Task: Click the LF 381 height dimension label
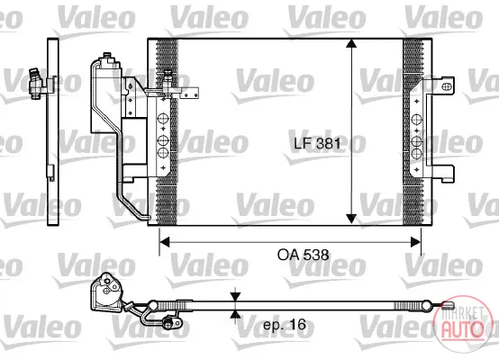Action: coord(317,143)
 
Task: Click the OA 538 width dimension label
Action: coord(303,255)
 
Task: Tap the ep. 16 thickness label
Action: coord(285,325)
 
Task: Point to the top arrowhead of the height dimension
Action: coord(351,43)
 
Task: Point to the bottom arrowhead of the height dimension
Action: coord(351,219)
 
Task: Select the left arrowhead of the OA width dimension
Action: coord(164,242)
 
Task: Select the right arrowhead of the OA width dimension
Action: coord(415,242)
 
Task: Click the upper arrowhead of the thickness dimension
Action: coord(235,297)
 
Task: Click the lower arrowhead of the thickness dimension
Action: coord(235,314)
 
